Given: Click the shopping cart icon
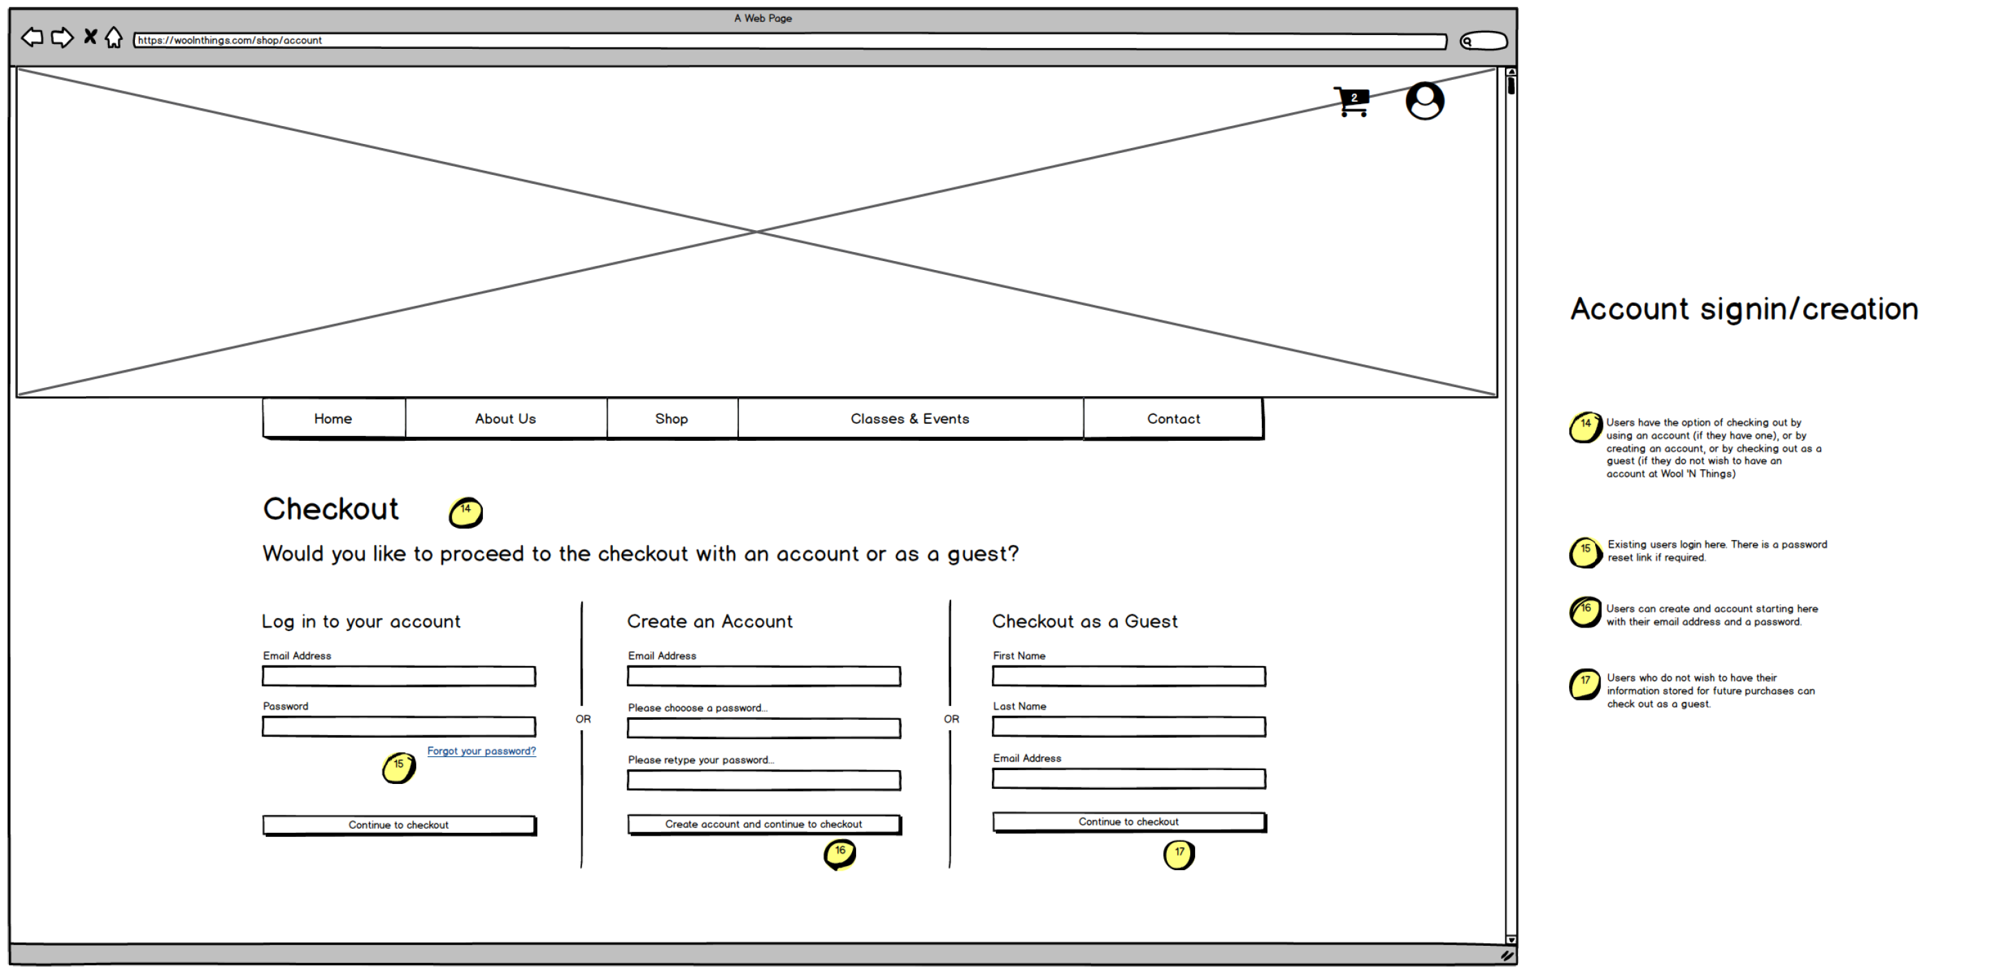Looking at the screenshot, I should coord(1352,102).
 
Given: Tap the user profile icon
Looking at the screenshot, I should coord(1424,101).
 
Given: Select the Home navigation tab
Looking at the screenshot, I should coord(333,419).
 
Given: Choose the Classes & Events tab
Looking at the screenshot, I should coord(909,419).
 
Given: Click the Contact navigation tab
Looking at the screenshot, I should coord(1173,419).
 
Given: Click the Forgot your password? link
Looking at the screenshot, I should coord(481,751).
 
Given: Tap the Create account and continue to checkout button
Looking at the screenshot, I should coord(764,824).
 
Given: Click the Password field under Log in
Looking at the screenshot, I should coord(399,727).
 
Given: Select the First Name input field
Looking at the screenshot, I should coord(1129,676).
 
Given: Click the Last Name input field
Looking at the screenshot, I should coord(1129,727).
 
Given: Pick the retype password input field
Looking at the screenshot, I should coord(764,780).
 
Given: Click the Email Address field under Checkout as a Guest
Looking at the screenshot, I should coord(1129,778).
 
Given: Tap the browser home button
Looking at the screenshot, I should coord(114,37).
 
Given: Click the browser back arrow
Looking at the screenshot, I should coord(32,37).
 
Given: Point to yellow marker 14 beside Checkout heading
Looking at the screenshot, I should coord(466,512).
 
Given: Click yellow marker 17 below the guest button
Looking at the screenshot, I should coord(1179,854).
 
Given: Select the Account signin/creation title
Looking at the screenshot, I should coord(1743,309).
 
